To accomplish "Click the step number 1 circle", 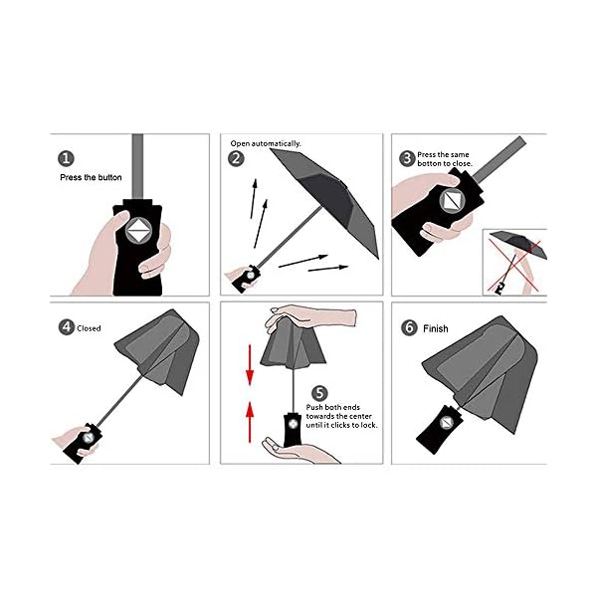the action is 66,158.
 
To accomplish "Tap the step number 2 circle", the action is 236,158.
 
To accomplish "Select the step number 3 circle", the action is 407,158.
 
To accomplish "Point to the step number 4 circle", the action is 67,327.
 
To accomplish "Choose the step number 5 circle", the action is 319,394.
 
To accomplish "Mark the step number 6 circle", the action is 409,327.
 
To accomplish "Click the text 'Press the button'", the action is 91,177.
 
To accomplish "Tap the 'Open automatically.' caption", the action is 266,143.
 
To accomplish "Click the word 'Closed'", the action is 89,328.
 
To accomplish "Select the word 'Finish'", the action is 436,328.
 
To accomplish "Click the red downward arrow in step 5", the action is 250,365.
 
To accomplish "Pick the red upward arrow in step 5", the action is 250,422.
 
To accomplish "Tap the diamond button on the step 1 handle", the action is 139,231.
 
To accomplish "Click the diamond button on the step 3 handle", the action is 453,200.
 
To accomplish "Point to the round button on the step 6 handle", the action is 446,423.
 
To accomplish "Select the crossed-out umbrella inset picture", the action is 514,262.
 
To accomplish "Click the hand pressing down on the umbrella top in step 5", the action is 310,316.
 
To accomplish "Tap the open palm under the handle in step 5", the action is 299,451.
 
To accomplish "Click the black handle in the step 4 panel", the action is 83,443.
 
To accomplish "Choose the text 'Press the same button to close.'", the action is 445,159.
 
